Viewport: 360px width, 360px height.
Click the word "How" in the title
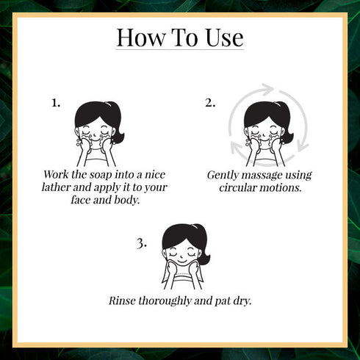coord(141,37)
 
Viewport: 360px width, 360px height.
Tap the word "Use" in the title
coord(225,37)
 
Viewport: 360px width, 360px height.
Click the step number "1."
coord(56,103)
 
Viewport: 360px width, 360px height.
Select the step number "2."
coord(210,103)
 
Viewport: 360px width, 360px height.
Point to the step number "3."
coord(142,244)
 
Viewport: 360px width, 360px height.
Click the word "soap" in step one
coord(101,176)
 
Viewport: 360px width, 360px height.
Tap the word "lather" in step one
coord(56,187)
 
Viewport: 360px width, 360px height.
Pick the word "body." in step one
coord(127,200)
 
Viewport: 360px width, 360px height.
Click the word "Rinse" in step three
coord(122,300)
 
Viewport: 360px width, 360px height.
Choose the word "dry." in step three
coord(242,301)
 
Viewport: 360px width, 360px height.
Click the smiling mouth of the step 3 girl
coord(182,262)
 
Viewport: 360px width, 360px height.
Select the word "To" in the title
coord(185,37)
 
